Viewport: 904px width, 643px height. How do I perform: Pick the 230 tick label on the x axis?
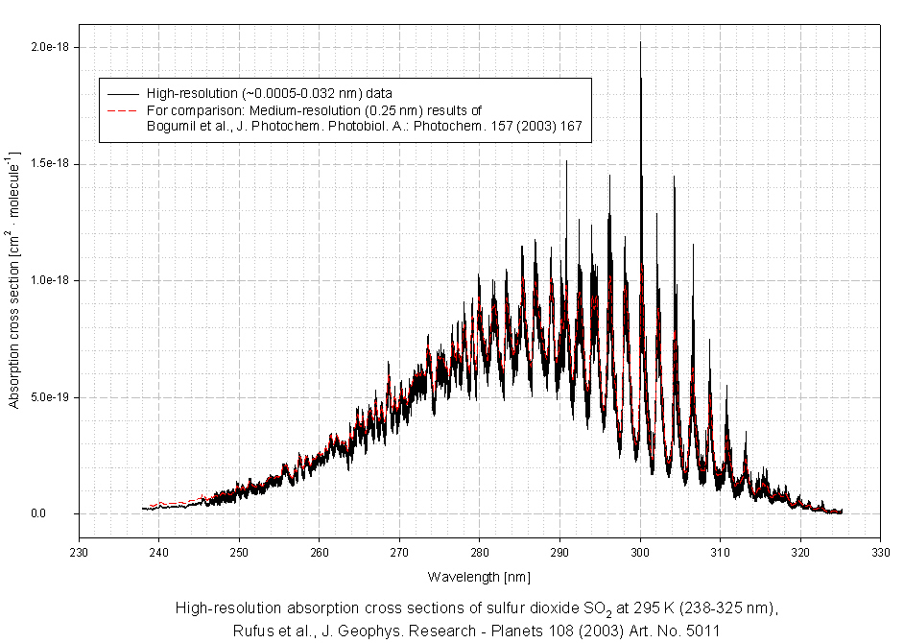coord(80,552)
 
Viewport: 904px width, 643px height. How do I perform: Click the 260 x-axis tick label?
coord(320,552)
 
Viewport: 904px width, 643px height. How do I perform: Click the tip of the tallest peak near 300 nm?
coord(640,42)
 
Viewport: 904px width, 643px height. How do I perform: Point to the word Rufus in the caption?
coord(251,631)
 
